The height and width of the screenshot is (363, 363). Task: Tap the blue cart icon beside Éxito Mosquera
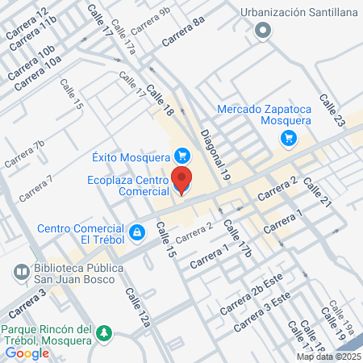[x=182, y=156]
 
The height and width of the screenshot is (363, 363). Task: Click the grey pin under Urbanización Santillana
[x=263, y=31]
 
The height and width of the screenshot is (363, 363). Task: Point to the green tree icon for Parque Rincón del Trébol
[x=103, y=333]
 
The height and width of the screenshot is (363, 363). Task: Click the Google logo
[x=27, y=353]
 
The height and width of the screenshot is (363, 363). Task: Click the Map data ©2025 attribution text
[x=328, y=357]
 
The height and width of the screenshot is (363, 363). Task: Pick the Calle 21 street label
[x=319, y=196]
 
